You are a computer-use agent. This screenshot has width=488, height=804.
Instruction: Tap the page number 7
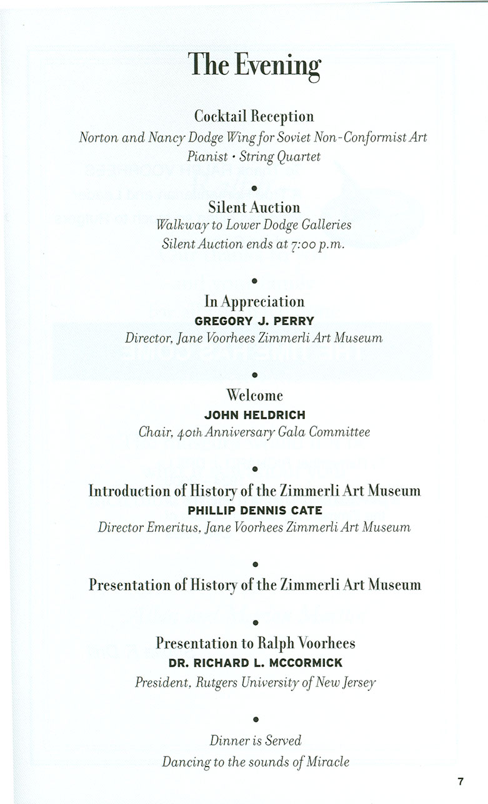tap(460, 780)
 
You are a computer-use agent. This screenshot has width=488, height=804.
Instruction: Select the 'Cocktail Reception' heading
tap(254, 116)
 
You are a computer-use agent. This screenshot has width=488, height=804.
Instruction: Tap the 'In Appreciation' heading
tap(254, 301)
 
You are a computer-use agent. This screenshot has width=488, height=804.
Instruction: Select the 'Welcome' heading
tap(254, 395)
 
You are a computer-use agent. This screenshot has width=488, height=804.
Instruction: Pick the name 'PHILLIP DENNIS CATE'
tap(255, 510)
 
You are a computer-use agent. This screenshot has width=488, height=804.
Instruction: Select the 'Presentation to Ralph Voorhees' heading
tap(255, 643)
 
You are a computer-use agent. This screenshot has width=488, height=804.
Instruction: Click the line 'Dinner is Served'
tap(255, 741)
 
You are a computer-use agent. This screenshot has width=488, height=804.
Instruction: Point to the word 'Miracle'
tap(327, 762)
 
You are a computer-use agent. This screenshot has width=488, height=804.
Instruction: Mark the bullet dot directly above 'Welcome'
tap(254, 375)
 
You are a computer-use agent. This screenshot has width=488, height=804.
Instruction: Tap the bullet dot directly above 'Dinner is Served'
tap(254, 720)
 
